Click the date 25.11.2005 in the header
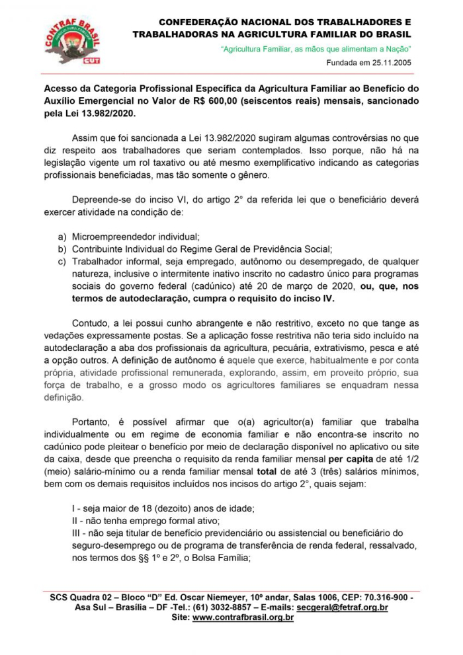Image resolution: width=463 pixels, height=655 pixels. point(390,63)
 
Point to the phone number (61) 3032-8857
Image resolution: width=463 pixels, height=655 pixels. point(216,607)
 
